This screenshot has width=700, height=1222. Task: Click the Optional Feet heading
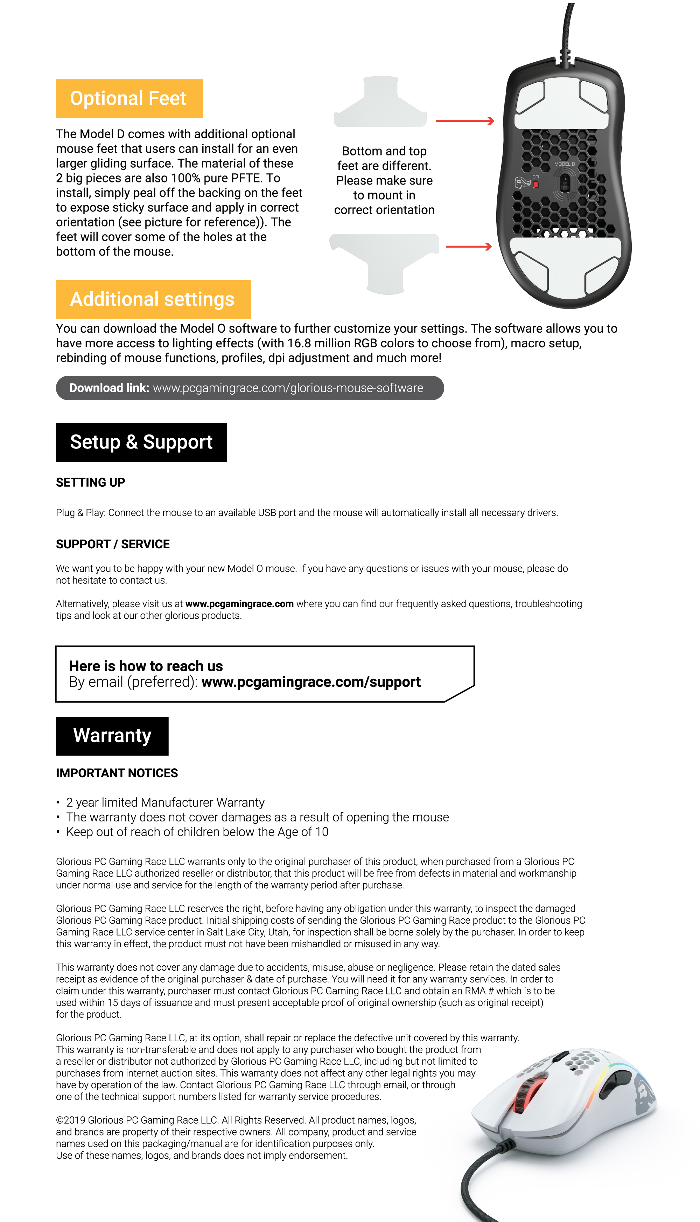[x=129, y=99]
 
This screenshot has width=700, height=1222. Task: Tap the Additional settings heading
[x=153, y=299]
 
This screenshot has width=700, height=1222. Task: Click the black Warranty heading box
[x=112, y=736]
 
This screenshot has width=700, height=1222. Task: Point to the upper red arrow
[x=465, y=121]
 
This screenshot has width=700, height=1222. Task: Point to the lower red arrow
[x=469, y=247]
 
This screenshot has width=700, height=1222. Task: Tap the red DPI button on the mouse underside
[x=535, y=185]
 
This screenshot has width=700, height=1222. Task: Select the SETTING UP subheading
[x=90, y=482]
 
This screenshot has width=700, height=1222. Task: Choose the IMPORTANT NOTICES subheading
[x=117, y=773]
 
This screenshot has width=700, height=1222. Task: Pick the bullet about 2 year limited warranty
[x=165, y=802]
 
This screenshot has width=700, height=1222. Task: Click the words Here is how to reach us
[x=146, y=666]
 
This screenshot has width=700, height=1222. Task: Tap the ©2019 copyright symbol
[x=59, y=1120]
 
